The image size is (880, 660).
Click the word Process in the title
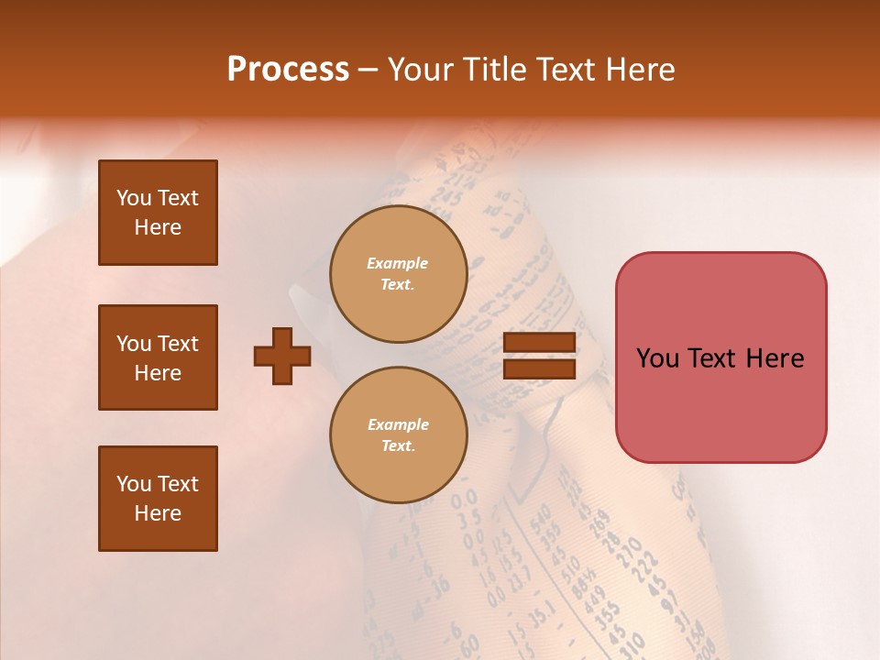tap(288, 70)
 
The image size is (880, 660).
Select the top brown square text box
tap(158, 213)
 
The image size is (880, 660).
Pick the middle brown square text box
tap(158, 357)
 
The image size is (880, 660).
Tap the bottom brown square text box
tap(158, 498)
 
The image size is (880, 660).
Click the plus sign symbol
tap(282, 356)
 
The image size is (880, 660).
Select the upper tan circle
tap(398, 274)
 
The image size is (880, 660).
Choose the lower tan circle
tap(398, 434)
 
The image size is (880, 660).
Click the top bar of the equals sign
tap(539, 343)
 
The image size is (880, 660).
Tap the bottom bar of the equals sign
tap(539, 368)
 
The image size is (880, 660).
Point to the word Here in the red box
tap(775, 357)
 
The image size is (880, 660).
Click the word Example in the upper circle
tap(398, 263)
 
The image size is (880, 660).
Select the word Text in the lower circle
tap(398, 445)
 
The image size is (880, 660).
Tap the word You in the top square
tap(134, 198)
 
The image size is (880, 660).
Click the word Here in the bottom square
tap(158, 513)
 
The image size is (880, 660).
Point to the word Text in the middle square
tap(178, 344)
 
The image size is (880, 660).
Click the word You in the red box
tap(657, 357)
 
